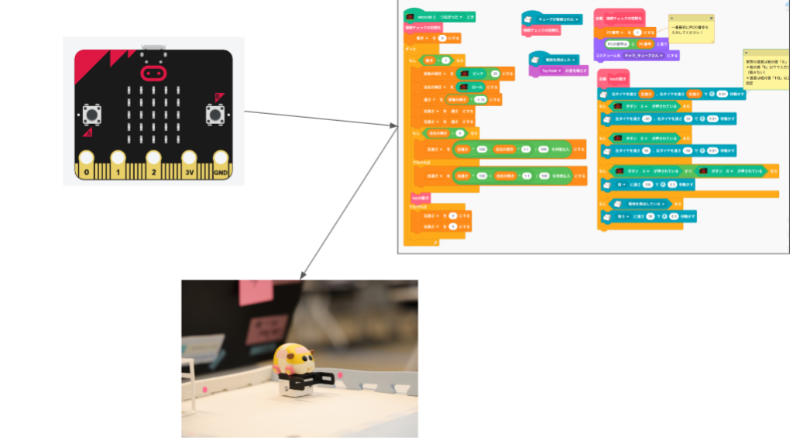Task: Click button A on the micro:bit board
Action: (x=92, y=115)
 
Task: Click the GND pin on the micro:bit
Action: (x=220, y=170)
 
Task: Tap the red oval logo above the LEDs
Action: (x=153, y=74)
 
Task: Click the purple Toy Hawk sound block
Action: (x=555, y=71)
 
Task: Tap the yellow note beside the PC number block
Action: (x=691, y=29)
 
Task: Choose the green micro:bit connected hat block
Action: (x=434, y=16)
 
